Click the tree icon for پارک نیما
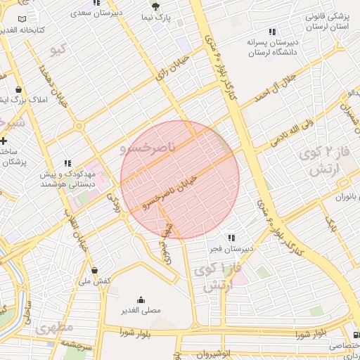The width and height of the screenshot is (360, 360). point(155,7)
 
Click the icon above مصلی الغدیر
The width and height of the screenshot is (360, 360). point(141,299)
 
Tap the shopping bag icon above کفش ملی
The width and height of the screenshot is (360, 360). point(95,271)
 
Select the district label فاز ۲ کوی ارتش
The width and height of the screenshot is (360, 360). point(320,161)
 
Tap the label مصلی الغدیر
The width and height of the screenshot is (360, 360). point(141,310)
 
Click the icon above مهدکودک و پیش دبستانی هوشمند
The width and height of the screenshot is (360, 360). point(67,162)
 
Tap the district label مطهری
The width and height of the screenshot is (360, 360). point(54,328)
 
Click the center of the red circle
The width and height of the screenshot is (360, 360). point(180,180)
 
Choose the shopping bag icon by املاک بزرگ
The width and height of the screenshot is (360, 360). point(17,90)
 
